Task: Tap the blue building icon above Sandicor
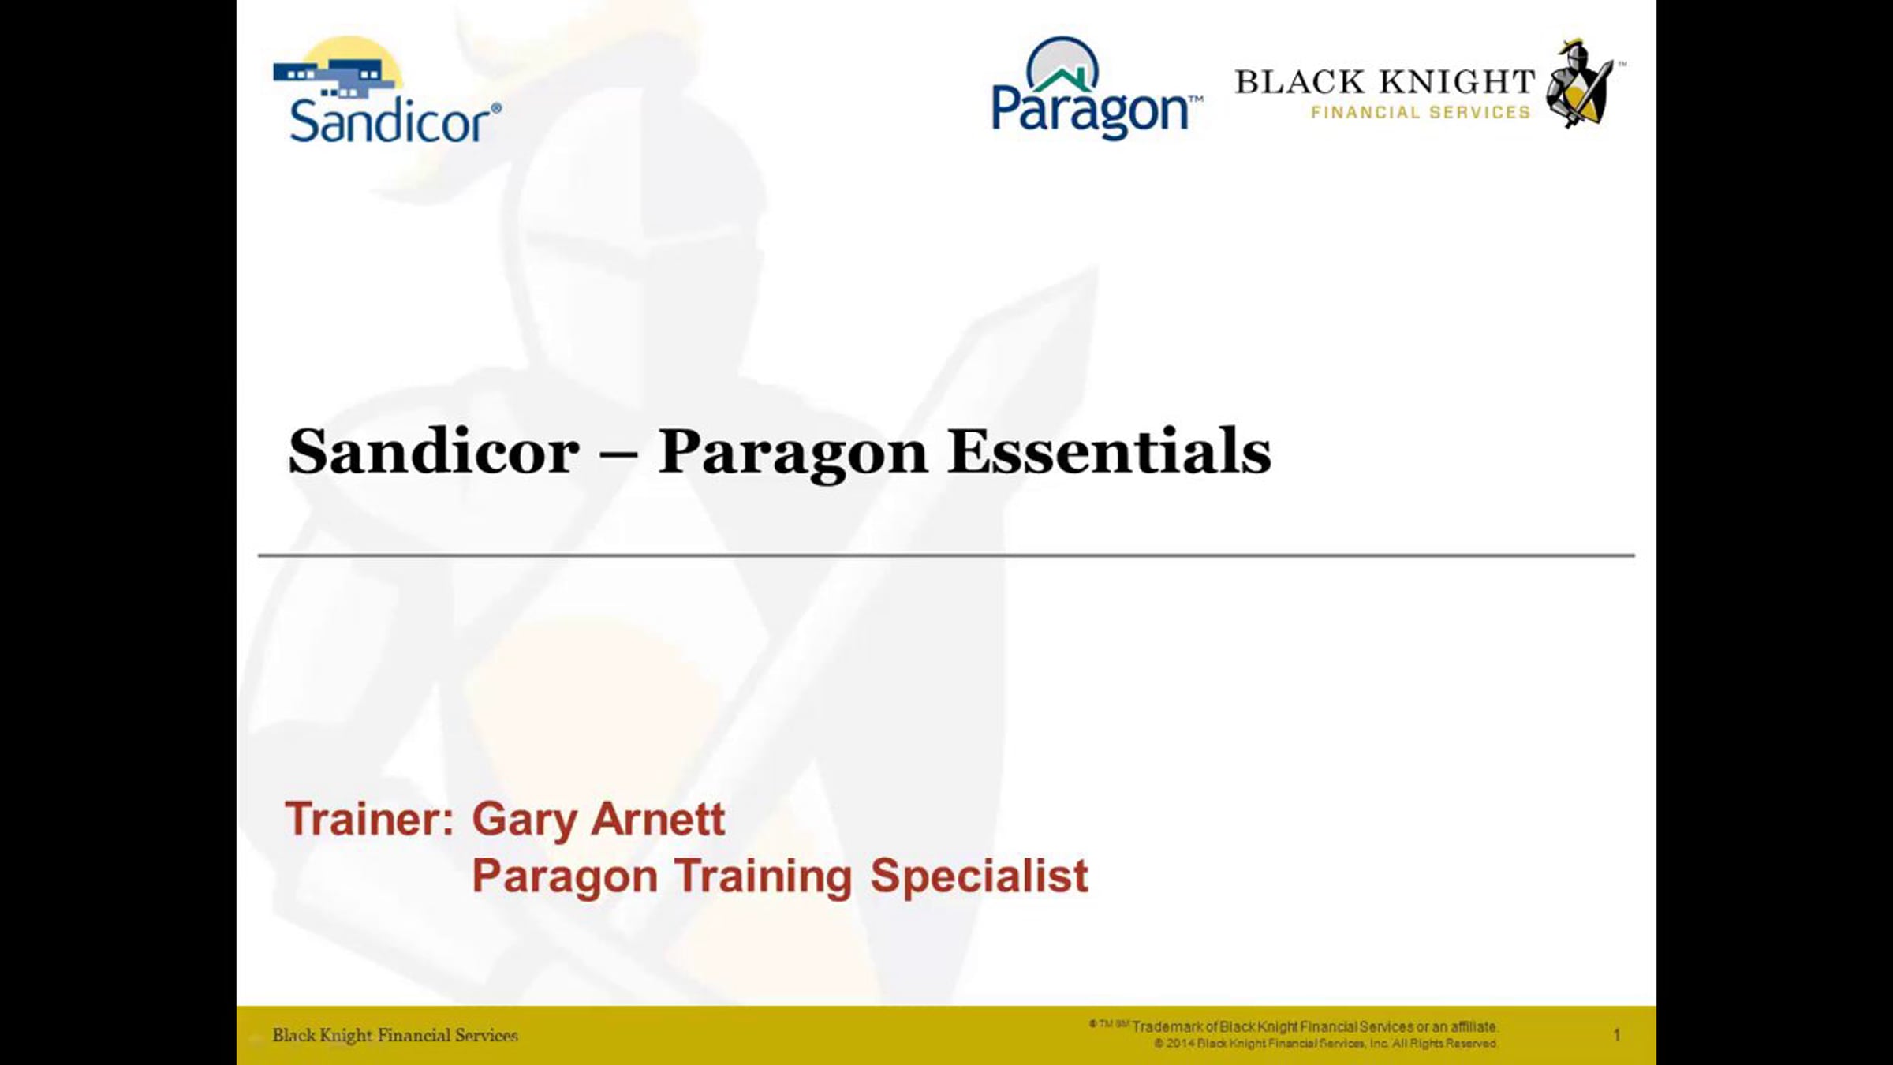pyautogui.click(x=335, y=79)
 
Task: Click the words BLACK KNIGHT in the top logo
pyautogui.click(x=1385, y=82)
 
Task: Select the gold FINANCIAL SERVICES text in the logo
pyautogui.click(x=1421, y=113)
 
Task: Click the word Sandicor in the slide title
pyautogui.click(x=434, y=452)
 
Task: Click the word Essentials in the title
pyautogui.click(x=1110, y=452)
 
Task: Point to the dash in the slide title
pyautogui.click(x=619, y=456)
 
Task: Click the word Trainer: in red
pyautogui.click(x=370, y=819)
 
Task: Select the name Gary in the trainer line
pyautogui.click(x=524, y=822)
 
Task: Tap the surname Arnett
pyautogui.click(x=658, y=819)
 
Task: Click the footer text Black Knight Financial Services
pyautogui.click(x=395, y=1035)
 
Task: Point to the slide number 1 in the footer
pyautogui.click(x=1617, y=1034)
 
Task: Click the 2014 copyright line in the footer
pyautogui.click(x=1325, y=1043)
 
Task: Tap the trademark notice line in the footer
pyautogui.click(x=1294, y=1026)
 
